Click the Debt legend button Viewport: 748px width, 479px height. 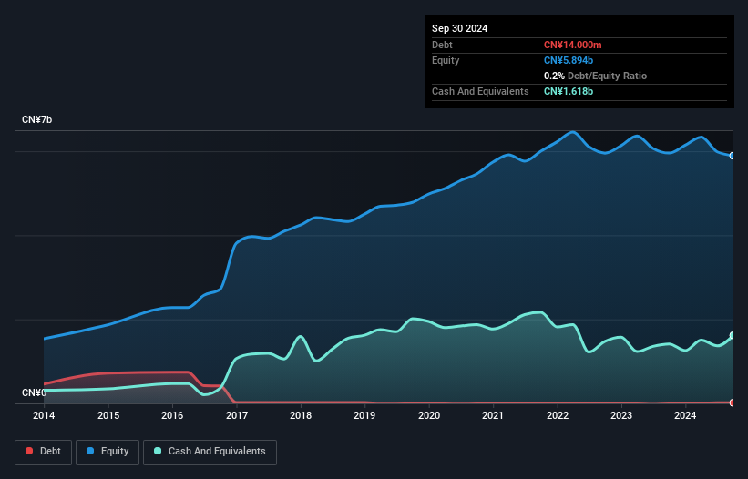(43, 452)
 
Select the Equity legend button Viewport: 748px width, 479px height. (108, 452)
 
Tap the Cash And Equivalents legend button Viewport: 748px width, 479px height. (210, 452)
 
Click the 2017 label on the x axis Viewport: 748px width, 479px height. (237, 415)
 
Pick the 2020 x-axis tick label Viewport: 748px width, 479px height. (429, 415)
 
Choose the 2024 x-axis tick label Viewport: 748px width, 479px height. (685, 415)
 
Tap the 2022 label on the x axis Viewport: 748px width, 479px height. (558, 415)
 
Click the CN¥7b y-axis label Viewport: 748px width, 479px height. (36, 119)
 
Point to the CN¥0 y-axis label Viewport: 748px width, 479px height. (34, 392)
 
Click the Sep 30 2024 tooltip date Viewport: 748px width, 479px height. (459, 28)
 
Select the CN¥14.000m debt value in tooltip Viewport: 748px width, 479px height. (572, 45)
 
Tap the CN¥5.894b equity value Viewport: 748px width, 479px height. (569, 60)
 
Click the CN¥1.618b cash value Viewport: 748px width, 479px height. (569, 91)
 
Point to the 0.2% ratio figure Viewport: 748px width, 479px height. (554, 76)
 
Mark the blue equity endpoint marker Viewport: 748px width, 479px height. (733, 156)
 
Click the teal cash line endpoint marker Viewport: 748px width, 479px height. (733, 335)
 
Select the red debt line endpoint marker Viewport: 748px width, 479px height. (733, 403)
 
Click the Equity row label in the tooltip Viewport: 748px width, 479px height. (446, 60)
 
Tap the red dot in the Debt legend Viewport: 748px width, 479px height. (29, 451)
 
